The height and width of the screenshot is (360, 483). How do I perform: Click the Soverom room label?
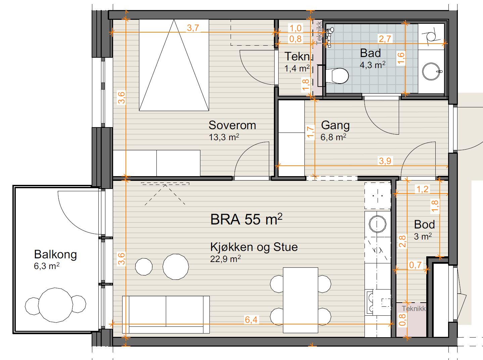point(232,125)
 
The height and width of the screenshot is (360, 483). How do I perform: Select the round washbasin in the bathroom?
point(431,71)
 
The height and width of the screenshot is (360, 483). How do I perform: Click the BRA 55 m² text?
point(246,219)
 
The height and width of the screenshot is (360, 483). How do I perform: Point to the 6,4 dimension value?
point(251,320)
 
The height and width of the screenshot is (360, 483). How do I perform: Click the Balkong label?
point(55,255)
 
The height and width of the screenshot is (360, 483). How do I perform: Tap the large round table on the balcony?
point(55,305)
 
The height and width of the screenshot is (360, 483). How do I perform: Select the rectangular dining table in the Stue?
point(300,300)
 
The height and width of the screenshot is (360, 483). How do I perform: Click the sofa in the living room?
point(166,314)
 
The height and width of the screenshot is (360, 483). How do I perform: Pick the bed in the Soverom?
point(174,65)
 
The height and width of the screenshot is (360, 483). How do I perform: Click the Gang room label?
point(335,125)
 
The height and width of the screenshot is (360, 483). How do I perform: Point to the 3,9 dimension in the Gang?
point(385,161)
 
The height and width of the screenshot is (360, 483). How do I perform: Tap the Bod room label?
point(424,224)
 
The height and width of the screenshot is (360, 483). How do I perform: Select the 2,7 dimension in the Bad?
point(385,39)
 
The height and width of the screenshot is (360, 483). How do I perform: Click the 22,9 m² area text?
point(225,259)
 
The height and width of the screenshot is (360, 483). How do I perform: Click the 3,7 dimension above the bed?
point(193,28)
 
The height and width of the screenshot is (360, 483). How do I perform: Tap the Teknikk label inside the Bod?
point(414,309)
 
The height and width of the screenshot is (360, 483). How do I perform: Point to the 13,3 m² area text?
point(224,137)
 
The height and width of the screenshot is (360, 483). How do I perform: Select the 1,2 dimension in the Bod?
point(423,189)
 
